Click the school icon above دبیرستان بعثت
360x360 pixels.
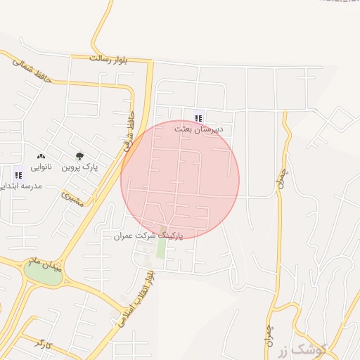[x=198, y=118]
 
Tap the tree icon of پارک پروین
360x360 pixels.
[x=79, y=156]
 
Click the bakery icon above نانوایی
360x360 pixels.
[x=41, y=156]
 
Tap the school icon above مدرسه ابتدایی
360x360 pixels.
[x=18, y=174]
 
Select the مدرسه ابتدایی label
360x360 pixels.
[x=21, y=186]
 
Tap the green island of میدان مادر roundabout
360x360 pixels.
[x=42, y=274]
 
